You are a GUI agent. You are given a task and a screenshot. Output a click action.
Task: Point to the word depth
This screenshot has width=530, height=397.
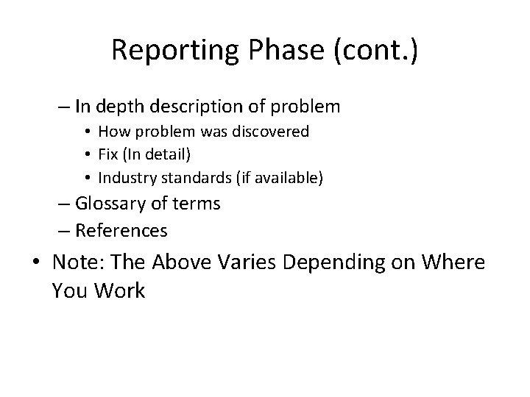pos(116,107)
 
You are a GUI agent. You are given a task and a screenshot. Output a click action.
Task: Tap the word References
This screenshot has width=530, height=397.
pos(121,231)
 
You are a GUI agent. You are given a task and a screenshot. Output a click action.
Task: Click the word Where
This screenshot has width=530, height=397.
pos(456,262)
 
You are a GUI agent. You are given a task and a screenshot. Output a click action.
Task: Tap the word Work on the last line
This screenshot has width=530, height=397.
pos(119,290)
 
